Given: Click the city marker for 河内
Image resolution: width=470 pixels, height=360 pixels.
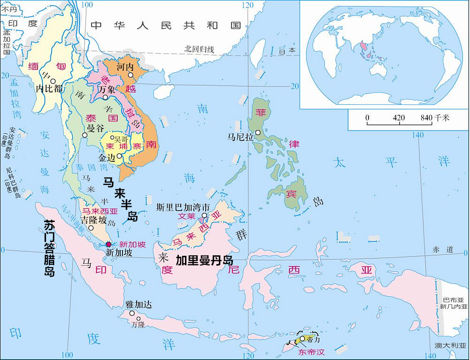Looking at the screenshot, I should tap(131, 75).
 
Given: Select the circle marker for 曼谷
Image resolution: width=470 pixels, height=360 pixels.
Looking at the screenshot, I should tap(85, 136).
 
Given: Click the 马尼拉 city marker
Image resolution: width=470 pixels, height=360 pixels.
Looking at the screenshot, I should tap(258, 133).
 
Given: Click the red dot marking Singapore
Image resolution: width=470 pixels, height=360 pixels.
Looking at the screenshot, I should tap(109, 244).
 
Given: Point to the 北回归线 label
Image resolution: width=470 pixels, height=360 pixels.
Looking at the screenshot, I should tap(199, 49).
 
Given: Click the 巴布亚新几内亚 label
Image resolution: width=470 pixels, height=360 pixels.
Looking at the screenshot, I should tap(454, 303).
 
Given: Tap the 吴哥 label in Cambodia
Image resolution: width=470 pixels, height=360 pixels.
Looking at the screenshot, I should tap(121, 139).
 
